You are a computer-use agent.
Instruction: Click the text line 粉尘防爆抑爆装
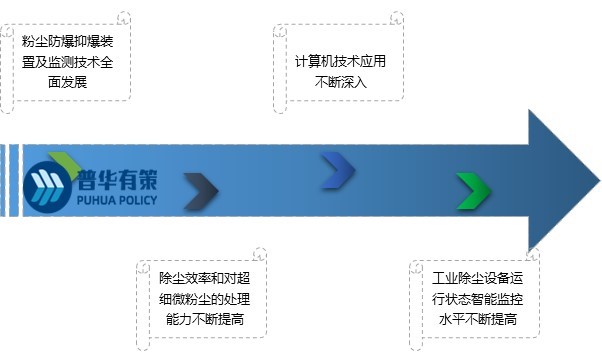pyautogui.click(x=68, y=43)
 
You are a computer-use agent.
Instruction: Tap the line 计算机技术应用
pyautogui.click(x=340, y=62)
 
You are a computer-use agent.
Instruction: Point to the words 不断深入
pyautogui.click(x=340, y=82)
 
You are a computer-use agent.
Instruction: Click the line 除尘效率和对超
pyautogui.click(x=205, y=279)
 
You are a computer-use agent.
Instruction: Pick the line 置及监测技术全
pyautogui.click(x=68, y=63)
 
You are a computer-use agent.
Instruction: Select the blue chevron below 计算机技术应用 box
pyautogui.click(x=337, y=171)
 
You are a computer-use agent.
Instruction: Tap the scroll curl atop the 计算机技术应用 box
pyautogui.click(x=397, y=19)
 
